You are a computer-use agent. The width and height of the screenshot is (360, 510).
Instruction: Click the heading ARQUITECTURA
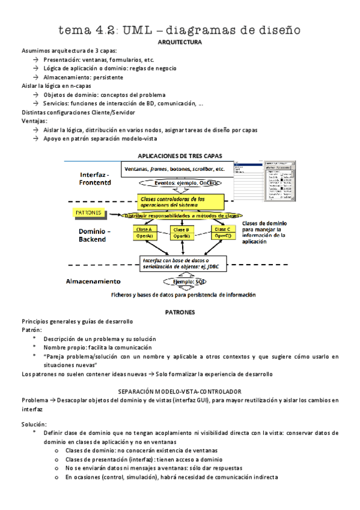pos(179,43)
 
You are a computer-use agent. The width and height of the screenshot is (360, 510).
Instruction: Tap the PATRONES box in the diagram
pos(90,212)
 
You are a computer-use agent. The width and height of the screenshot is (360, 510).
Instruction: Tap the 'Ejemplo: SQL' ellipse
pos(180,281)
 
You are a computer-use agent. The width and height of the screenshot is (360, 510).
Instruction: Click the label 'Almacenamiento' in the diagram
pos(93,281)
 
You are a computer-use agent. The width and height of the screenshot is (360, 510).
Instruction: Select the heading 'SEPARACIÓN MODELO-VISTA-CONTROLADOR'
pos(180,391)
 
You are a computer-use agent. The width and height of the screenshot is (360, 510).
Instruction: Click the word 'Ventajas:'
pos(34,121)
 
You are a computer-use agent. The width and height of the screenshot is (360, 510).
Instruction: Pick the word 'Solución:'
pos(34,425)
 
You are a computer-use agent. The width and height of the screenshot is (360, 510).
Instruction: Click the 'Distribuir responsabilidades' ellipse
pos(181,215)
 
